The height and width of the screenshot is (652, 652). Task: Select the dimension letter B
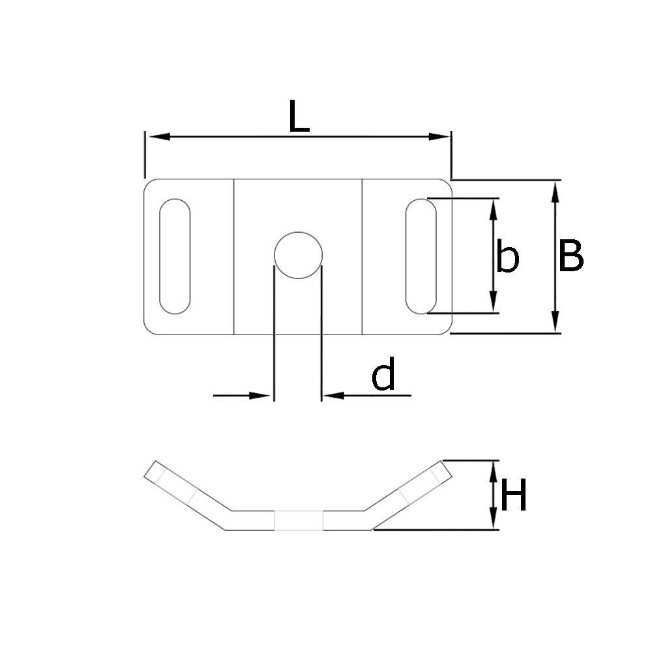click(x=570, y=256)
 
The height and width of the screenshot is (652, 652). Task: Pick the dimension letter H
click(x=513, y=497)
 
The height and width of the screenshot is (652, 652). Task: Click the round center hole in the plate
click(x=299, y=255)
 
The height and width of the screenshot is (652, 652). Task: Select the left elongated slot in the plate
click(x=175, y=256)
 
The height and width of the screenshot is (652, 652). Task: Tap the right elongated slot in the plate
click(x=421, y=256)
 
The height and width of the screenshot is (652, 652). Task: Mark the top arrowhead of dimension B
click(x=555, y=192)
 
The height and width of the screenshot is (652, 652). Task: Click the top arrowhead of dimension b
click(x=494, y=209)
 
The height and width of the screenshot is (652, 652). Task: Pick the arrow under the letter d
click(x=336, y=395)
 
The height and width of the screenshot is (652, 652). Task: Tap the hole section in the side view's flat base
click(x=299, y=520)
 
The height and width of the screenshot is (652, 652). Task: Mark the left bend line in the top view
click(x=234, y=256)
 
